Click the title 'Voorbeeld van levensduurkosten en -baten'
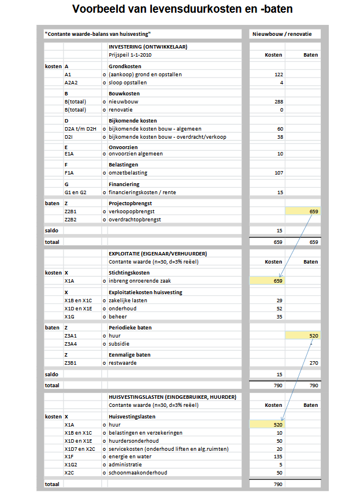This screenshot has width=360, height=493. [180, 9]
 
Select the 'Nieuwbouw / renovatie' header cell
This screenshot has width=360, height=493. [281, 34]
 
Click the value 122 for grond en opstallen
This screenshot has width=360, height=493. [279, 75]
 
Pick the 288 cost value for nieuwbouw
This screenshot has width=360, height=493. [279, 101]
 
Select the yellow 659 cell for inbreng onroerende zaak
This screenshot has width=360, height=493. [268, 281]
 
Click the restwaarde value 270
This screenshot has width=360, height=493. [313, 363]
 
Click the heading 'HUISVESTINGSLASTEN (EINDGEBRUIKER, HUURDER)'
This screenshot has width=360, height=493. [172, 396]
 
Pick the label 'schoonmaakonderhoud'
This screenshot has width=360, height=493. [138, 472]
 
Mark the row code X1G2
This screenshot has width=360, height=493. [71, 464]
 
